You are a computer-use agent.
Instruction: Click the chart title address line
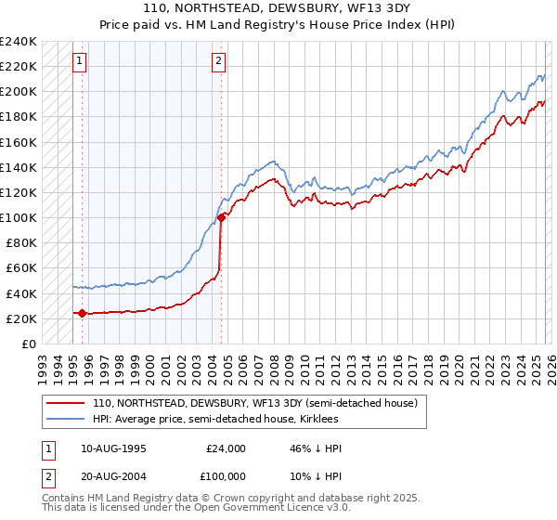[x=278, y=8]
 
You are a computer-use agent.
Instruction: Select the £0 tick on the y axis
[x=30, y=344]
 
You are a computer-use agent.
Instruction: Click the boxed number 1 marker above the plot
[x=80, y=62]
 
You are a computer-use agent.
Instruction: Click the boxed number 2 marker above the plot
[x=218, y=62]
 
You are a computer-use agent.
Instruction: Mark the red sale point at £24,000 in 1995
[x=82, y=313]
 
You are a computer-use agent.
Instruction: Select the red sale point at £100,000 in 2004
[x=221, y=218]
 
